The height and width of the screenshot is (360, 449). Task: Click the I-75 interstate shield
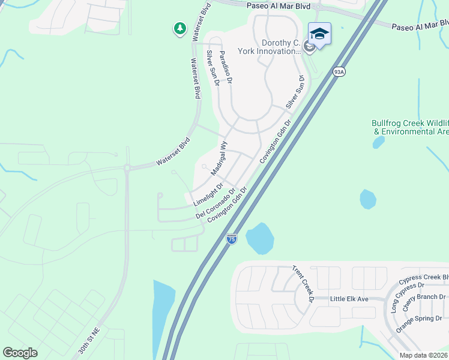point(232,239)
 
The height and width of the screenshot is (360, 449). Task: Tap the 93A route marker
point(339,72)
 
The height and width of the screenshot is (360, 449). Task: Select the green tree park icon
point(179,28)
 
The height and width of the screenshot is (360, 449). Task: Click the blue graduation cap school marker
point(319,34)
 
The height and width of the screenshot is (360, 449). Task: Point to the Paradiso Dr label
point(226,67)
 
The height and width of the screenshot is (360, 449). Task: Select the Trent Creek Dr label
point(304,283)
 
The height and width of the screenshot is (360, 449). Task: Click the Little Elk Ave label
point(358,298)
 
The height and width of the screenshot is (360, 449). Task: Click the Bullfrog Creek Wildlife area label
point(411,127)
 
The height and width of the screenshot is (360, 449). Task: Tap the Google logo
point(20,353)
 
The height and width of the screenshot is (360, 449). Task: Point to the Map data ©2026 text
point(424,355)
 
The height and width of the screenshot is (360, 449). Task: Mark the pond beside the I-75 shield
point(259,238)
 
